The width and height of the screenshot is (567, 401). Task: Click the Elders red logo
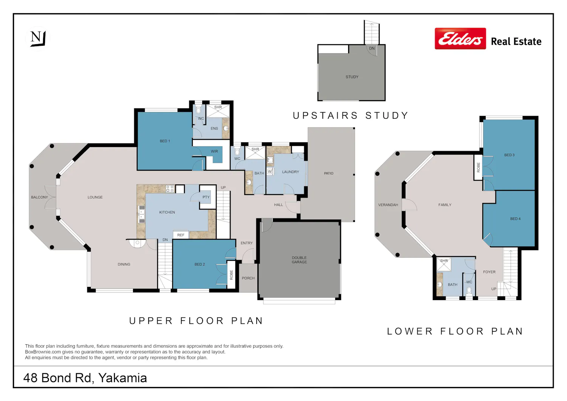tap(460, 39)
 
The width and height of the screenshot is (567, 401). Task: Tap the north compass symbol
tap(38, 39)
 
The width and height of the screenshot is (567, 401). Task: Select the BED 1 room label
tap(165, 141)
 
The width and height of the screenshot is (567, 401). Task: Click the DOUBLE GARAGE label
tap(299, 260)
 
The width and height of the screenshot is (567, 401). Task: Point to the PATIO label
tap(328, 173)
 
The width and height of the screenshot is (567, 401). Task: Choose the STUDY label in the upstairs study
tap(352, 77)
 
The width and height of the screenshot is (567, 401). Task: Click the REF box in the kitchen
tap(181, 235)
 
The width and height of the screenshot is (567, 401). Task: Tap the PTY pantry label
tap(206, 197)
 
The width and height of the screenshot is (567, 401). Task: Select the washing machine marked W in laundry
tap(270, 171)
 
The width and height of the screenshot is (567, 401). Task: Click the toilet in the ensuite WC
tap(198, 110)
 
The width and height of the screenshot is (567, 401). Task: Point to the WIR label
tap(214, 152)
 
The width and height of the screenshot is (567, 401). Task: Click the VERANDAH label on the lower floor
tap(388, 205)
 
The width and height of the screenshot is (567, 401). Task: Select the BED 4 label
tap(515, 219)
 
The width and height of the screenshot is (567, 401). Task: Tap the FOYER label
tap(489, 272)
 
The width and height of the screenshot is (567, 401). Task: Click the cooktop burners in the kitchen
tap(170, 189)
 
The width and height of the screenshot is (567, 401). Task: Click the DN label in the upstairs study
tap(372, 48)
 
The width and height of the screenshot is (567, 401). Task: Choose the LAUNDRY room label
tap(291, 172)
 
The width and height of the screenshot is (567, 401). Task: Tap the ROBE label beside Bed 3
tap(478, 167)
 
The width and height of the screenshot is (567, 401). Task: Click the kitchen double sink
tap(141, 214)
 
